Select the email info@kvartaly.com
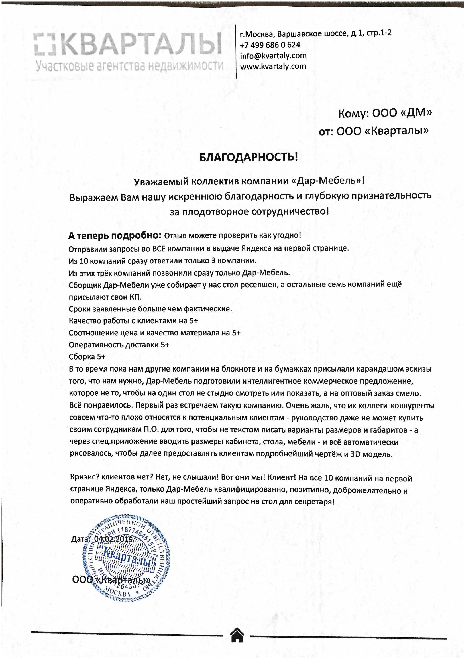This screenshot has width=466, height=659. pyautogui.click(x=273, y=56)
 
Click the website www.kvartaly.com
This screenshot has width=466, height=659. pyautogui.click(x=273, y=67)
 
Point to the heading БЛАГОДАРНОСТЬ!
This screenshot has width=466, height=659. pyautogui.click(x=248, y=157)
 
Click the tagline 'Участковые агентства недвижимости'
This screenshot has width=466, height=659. pyautogui.click(x=129, y=66)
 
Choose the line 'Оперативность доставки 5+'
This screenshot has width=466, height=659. pyautogui.click(x=119, y=345)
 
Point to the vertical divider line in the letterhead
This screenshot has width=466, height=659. pyautogui.click(x=236, y=52)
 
